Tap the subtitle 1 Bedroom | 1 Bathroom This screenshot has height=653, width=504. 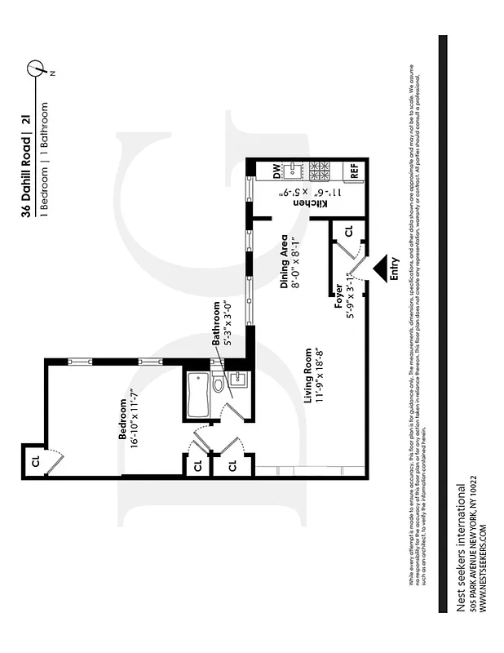tap(43, 159)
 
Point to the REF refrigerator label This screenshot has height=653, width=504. tap(355, 171)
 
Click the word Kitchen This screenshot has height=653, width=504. tap(323, 203)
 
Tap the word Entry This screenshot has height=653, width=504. tap(396, 269)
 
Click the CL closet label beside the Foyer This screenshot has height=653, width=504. tap(349, 232)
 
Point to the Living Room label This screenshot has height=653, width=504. tap(307, 377)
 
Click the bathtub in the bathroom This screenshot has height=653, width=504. tap(197, 396)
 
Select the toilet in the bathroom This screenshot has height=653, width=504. tap(219, 384)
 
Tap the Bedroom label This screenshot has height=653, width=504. tap(123, 420)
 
